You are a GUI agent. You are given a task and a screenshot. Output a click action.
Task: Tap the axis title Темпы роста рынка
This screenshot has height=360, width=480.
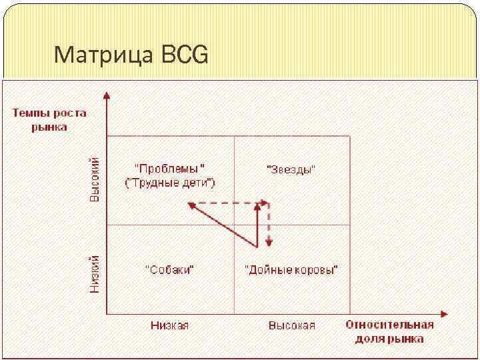tap(49, 119)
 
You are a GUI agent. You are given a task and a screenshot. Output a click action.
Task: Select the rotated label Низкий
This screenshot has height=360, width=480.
tap(95, 273)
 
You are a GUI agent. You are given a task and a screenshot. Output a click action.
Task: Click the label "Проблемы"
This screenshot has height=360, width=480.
tap(170, 169)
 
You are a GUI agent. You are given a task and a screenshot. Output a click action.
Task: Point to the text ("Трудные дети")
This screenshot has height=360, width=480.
tap(170, 183)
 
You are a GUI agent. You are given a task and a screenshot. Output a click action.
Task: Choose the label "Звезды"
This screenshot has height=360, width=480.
tap(291, 169)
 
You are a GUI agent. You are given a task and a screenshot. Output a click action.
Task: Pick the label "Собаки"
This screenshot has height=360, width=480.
tap(170, 270)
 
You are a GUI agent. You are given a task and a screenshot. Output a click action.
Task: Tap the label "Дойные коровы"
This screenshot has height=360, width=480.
tap(291, 270)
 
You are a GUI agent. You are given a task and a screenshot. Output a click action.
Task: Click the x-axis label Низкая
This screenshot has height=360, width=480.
tap(169, 325)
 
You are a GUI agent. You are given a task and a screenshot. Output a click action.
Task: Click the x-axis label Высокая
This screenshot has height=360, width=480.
tap(291, 325)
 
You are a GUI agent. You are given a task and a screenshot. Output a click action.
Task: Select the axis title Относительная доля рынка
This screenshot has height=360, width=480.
tap(389, 331)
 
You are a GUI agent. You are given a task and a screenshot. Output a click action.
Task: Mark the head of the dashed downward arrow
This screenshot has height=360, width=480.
tap(268, 242)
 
